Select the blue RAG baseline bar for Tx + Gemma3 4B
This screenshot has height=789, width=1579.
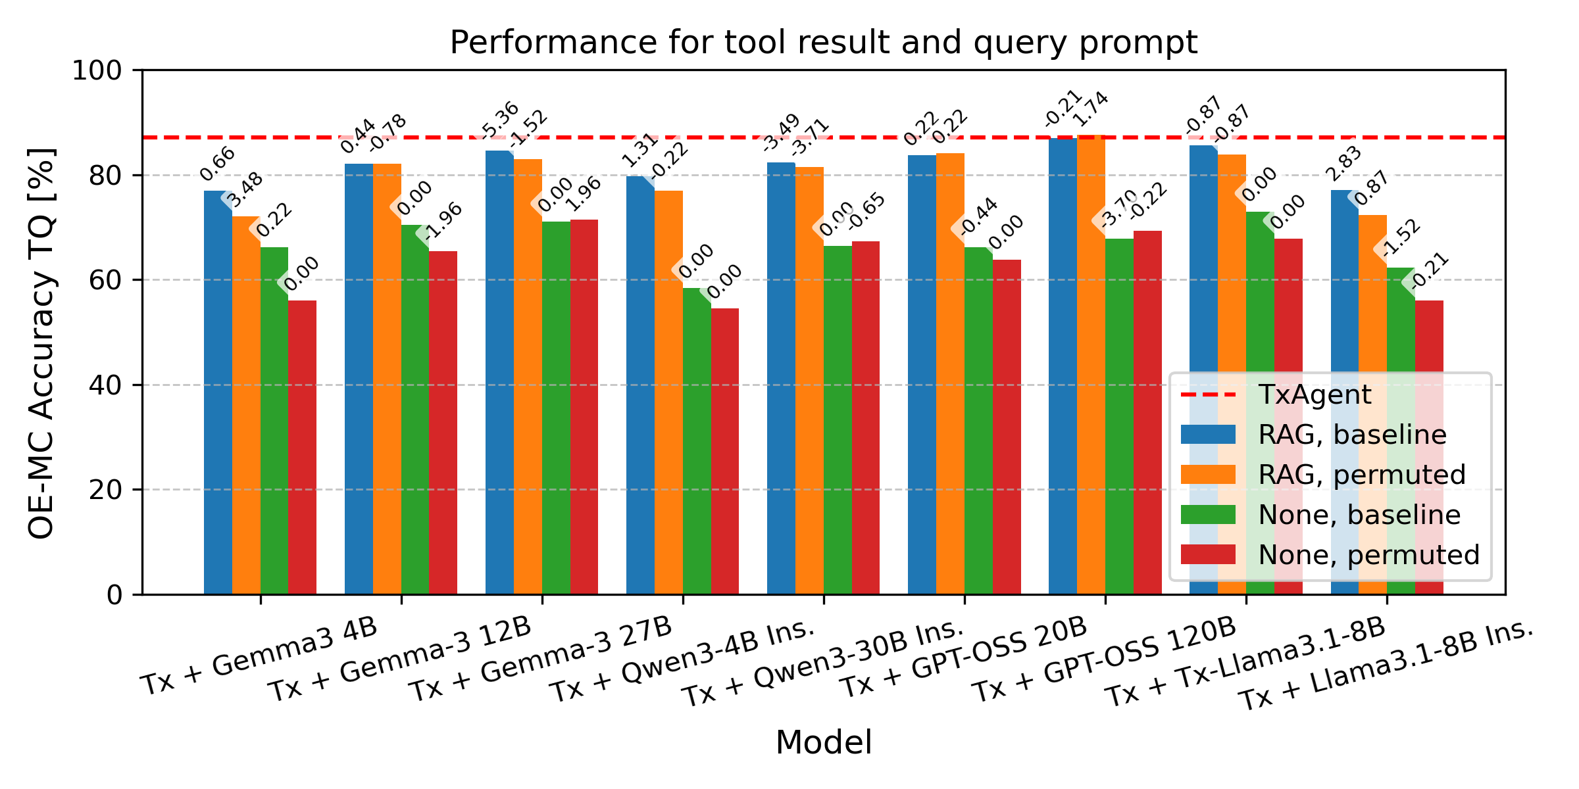218,394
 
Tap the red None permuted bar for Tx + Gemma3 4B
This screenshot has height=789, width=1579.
302,447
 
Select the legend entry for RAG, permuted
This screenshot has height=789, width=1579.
1361,475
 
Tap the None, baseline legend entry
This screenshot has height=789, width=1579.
1359,515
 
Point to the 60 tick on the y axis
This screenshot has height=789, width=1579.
105,280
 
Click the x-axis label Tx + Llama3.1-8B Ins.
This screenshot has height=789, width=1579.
1385,664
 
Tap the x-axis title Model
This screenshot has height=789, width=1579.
823,743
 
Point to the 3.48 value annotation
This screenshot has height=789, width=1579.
245,191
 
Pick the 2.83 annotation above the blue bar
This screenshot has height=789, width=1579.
1343,164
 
